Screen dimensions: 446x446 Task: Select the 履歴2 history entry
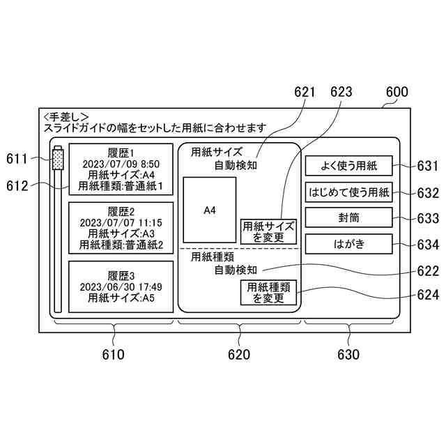(121, 227)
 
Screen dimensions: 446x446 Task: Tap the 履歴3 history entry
(121, 286)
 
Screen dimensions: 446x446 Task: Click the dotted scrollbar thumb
(57, 159)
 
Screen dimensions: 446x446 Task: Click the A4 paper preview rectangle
(209, 210)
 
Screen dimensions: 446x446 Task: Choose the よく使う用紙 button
(348, 166)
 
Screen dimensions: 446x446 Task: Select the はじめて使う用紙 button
(348, 192)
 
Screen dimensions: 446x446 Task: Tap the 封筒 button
(348, 218)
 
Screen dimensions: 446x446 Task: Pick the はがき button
(348, 245)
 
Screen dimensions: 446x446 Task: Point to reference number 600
(397, 92)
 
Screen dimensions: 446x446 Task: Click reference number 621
(305, 92)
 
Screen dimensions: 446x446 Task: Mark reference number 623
(341, 92)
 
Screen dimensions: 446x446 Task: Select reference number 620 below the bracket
(238, 354)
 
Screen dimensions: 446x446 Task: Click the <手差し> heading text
(65, 116)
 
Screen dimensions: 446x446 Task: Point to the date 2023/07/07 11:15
(121, 223)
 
